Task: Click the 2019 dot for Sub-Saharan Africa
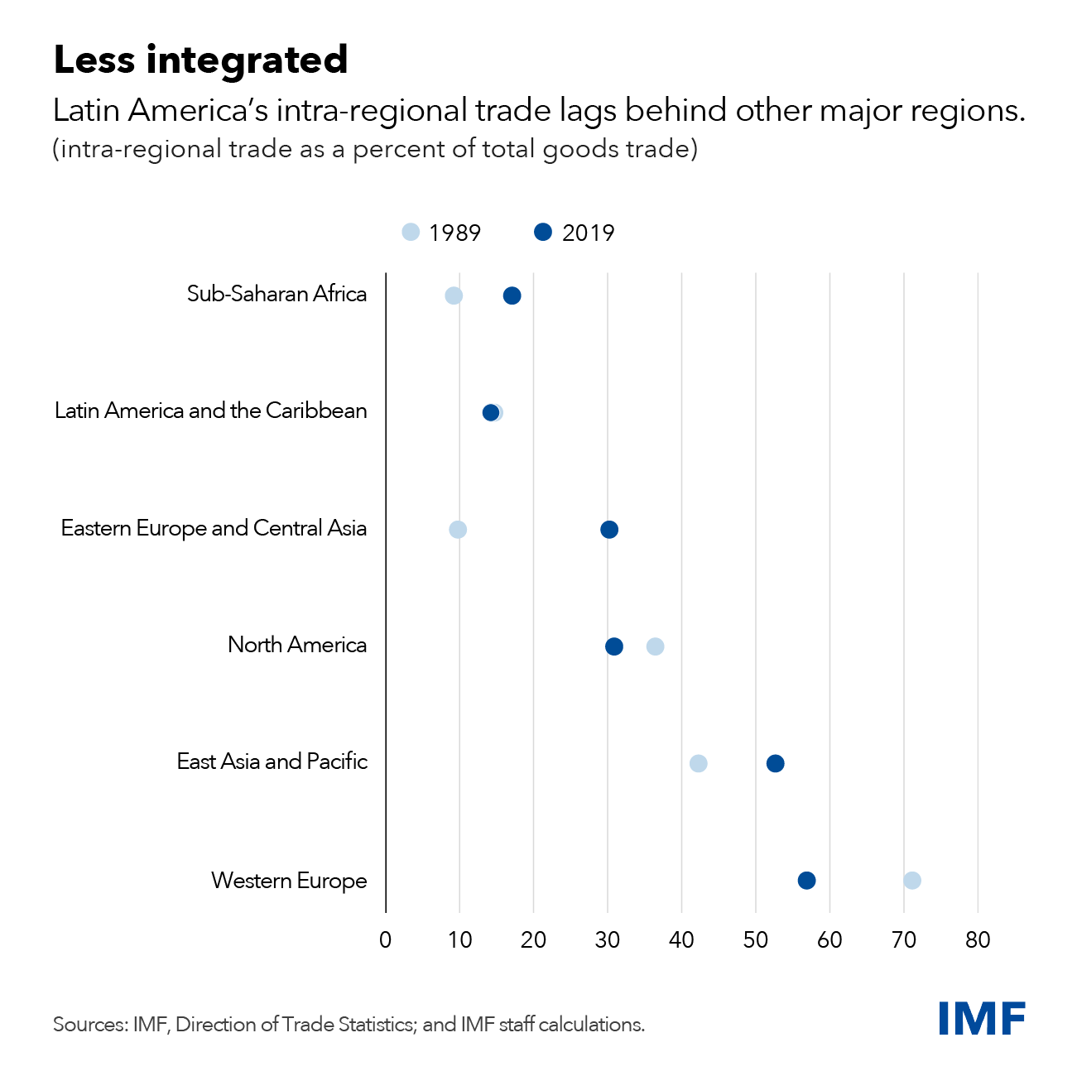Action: point(512,295)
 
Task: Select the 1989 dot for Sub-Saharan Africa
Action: point(454,295)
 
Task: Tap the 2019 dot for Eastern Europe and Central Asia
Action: point(609,530)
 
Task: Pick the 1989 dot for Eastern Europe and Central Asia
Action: point(458,530)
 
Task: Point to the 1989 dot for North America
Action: point(655,646)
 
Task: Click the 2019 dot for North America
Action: point(614,646)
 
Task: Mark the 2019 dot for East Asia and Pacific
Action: point(775,763)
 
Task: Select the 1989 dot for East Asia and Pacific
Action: point(699,763)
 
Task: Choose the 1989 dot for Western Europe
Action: point(912,880)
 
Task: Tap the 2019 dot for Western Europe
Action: point(806,880)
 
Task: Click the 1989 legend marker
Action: point(411,232)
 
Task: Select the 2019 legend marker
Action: point(543,232)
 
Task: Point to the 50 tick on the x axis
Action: point(756,940)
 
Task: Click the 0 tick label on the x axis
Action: point(386,940)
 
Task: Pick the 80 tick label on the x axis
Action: point(978,940)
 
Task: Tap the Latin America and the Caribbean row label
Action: point(211,411)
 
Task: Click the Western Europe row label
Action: point(289,881)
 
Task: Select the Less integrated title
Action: point(200,60)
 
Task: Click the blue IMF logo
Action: point(982,1018)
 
